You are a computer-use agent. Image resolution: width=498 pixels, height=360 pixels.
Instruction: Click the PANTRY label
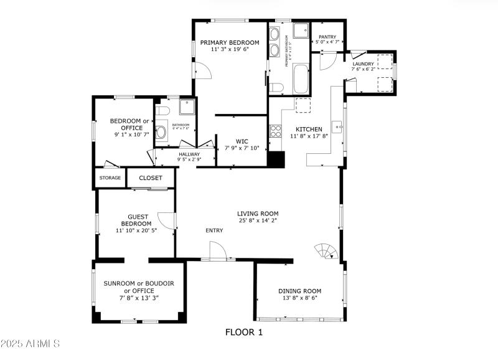pyautogui.click(x=327, y=37)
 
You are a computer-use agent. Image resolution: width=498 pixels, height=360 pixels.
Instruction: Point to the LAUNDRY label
pyautogui.click(x=363, y=64)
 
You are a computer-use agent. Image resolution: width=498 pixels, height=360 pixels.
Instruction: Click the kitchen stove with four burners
pyautogui.click(x=275, y=131)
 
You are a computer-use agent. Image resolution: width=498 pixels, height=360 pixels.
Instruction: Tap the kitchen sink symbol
pyautogui.click(x=339, y=127)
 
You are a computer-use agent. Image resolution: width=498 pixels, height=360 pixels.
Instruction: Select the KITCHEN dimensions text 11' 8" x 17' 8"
pyautogui.click(x=309, y=136)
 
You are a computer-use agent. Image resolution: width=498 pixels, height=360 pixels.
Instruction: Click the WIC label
pyautogui.click(x=242, y=141)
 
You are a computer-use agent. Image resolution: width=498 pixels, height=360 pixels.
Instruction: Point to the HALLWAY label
pyautogui.click(x=189, y=154)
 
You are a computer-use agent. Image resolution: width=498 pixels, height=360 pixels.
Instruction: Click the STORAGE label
pyautogui.click(x=110, y=178)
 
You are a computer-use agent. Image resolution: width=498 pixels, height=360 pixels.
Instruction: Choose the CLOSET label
pyautogui.click(x=151, y=178)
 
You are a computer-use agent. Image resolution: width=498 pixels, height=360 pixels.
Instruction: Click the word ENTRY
pyautogui.click(x=214, y=231)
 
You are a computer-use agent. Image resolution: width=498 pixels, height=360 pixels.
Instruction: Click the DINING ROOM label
pyautogui.click(x=299, y=291)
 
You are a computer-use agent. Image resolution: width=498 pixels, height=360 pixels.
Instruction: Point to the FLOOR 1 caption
pyautogui.click(x=244, y=333)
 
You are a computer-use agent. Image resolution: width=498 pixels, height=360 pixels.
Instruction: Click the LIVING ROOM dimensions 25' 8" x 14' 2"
pyautogui.click(x=257, y=220)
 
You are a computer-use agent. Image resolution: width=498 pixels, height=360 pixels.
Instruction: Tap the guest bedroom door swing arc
pyautogui.click(x=167, y=220)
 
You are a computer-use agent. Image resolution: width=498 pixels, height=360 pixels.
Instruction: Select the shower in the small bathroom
pyautogui.click(x=187, y=107)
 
